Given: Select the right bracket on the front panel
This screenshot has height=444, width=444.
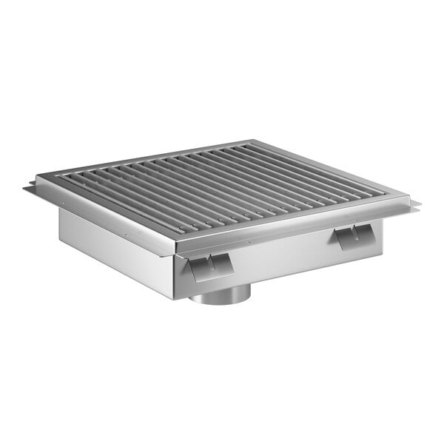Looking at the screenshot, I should coord(351,237).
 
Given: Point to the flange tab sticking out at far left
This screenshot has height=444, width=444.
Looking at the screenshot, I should coord(31,190).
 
